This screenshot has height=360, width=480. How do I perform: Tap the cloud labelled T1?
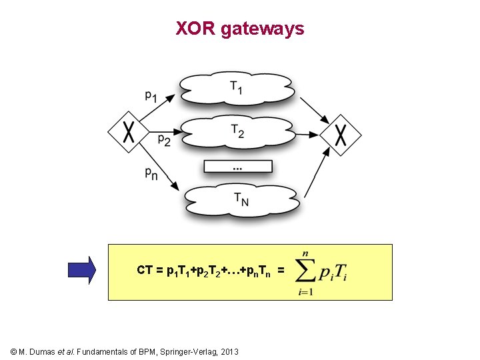click(x=237, y=88)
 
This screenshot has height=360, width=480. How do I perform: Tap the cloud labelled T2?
click(x=237, y=131)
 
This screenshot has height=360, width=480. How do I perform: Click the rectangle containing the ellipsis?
click(x=238, y=166)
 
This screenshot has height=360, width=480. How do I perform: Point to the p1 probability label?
click(x=151, y=96)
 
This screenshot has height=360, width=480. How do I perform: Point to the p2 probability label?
click(x=164, y=140)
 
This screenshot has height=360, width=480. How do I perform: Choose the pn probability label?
click(x=151, y=173)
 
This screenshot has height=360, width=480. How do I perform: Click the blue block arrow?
click(x=83, y=270)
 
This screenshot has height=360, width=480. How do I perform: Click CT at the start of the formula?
click(x=145, y=270)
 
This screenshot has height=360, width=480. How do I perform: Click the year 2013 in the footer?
click(x=229, y=351)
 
